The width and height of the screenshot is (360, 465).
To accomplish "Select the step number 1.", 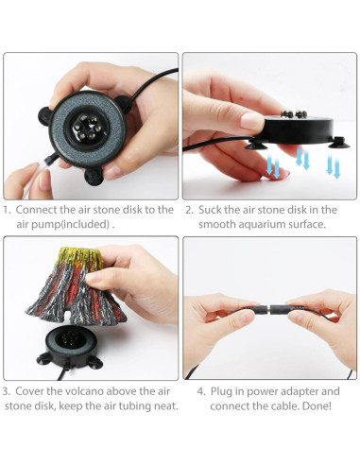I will [9, 210].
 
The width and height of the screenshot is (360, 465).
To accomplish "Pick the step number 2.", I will [189, 210].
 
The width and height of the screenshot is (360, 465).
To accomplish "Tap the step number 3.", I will [9, 390].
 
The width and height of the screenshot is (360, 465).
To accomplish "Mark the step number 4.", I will [189, 390].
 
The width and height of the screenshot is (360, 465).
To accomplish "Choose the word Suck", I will [214, 210].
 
